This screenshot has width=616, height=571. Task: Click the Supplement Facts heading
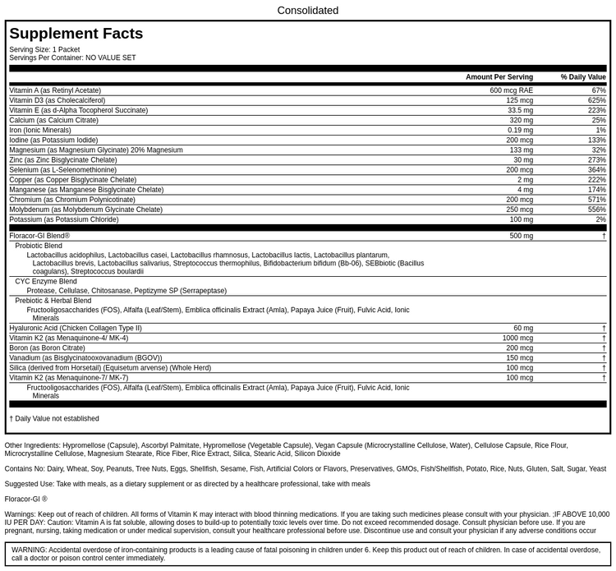(76, 34)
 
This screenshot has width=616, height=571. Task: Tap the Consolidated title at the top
(307, 11)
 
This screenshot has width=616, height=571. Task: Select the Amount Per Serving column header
(499, 77)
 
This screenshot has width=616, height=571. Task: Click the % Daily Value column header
(583, 77)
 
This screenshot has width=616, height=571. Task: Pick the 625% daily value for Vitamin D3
(596, 100)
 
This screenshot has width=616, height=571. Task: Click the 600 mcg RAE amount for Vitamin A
(511, 90)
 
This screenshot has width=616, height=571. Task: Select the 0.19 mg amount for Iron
(520, 130)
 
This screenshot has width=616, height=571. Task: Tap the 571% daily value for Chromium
(596, 200)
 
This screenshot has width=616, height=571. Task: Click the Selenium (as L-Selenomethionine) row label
(68, 170)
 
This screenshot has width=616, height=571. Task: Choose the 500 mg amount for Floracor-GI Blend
(521, 236)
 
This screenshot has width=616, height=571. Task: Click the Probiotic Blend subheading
(39, 246)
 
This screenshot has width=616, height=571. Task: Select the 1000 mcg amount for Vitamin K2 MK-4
(517, 338)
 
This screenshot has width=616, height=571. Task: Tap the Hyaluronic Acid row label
(76, 328)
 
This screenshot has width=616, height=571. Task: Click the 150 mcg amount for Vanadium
(519, 358)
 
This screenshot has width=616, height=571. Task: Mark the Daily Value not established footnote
(54, 418)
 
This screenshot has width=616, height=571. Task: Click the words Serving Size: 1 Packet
(44, 49)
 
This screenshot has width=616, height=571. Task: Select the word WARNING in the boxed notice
(29, 550)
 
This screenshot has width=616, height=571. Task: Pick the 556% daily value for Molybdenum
(596, 210)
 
